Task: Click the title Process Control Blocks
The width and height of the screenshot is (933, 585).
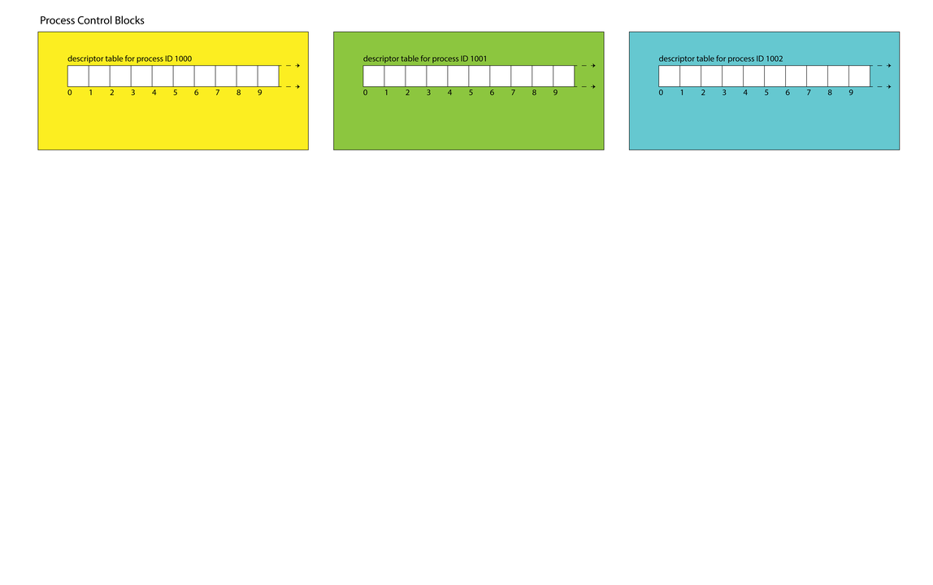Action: point(92,20)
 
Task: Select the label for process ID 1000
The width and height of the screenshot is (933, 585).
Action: point(129,58)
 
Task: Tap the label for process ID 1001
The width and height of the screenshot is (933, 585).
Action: point(425,58)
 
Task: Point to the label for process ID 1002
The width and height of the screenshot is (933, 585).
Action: point(721,58)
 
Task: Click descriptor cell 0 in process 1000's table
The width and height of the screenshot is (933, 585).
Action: point(78,76)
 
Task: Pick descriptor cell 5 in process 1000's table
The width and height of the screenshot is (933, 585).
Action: point(184,76)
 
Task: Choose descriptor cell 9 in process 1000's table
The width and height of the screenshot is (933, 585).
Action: point(268,76)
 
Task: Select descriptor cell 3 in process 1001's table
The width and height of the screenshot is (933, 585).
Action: point(437,76)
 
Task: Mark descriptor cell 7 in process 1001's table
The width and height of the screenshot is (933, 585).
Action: point(522,76)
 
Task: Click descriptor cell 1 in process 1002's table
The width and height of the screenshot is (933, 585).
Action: point(691,76)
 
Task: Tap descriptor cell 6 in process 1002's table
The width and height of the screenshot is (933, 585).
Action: point(796,76)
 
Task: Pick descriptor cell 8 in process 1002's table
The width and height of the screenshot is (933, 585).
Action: point(839,76)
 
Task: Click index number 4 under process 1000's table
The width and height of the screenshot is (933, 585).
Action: point(154,93)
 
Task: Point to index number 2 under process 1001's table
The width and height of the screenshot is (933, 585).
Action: point(408,93)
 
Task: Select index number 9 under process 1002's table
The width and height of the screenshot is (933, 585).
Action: point(851,93)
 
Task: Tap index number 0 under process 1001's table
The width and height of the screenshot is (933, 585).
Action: point(366,93)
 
